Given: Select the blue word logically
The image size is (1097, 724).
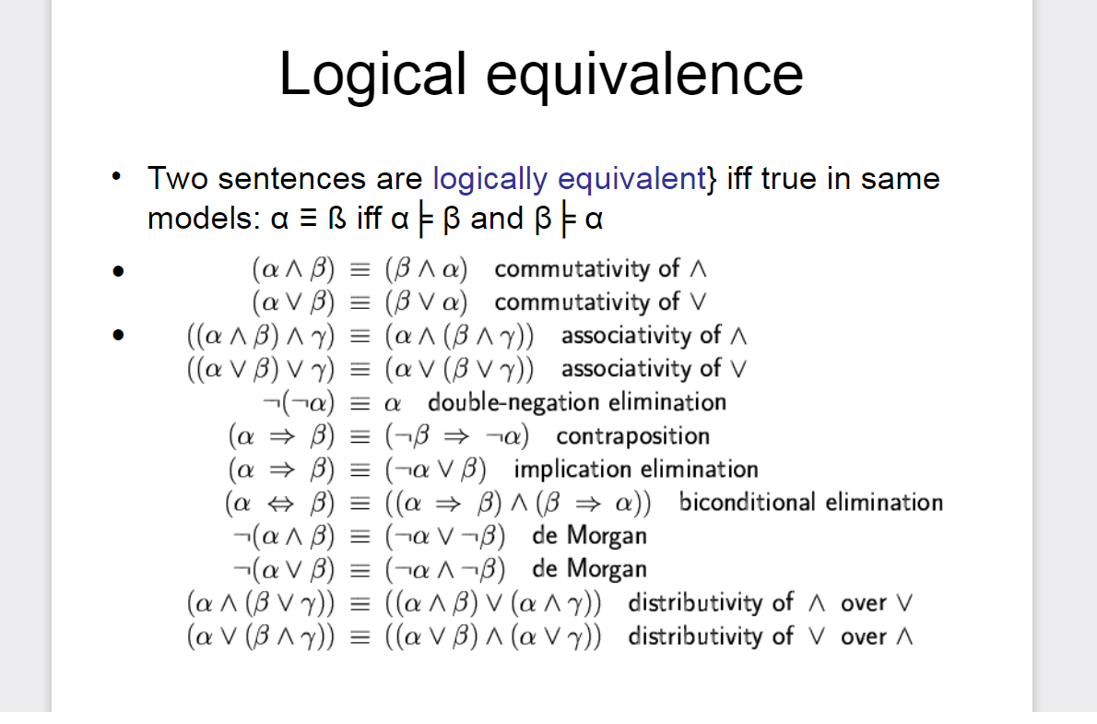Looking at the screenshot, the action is pos(490,179).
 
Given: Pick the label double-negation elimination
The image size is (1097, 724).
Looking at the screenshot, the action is pos(576,403).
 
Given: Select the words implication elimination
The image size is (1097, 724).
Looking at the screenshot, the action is pos(636,469).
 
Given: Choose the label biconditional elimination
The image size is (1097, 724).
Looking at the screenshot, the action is pos(811,502).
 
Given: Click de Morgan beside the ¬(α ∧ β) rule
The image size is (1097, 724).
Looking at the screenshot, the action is pos(589,537).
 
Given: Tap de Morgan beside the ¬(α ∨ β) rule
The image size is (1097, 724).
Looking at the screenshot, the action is pos(589,569).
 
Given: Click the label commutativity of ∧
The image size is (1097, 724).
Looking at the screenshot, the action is pos(600,269).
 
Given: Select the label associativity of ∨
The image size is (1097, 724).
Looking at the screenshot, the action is pos(654,369).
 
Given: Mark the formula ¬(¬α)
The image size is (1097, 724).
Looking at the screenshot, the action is pos(299,403).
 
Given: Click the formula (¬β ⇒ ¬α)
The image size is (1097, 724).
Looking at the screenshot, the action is pos(457,436).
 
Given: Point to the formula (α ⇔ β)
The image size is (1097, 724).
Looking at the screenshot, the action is pos(280,503).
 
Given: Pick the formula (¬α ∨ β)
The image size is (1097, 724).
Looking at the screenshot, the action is pos(435,469).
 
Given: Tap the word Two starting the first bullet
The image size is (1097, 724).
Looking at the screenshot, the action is pos(179,179).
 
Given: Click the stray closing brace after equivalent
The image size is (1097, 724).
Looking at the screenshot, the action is pos(713,180).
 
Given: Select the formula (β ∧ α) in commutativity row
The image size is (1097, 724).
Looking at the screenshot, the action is pos(426,269).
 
